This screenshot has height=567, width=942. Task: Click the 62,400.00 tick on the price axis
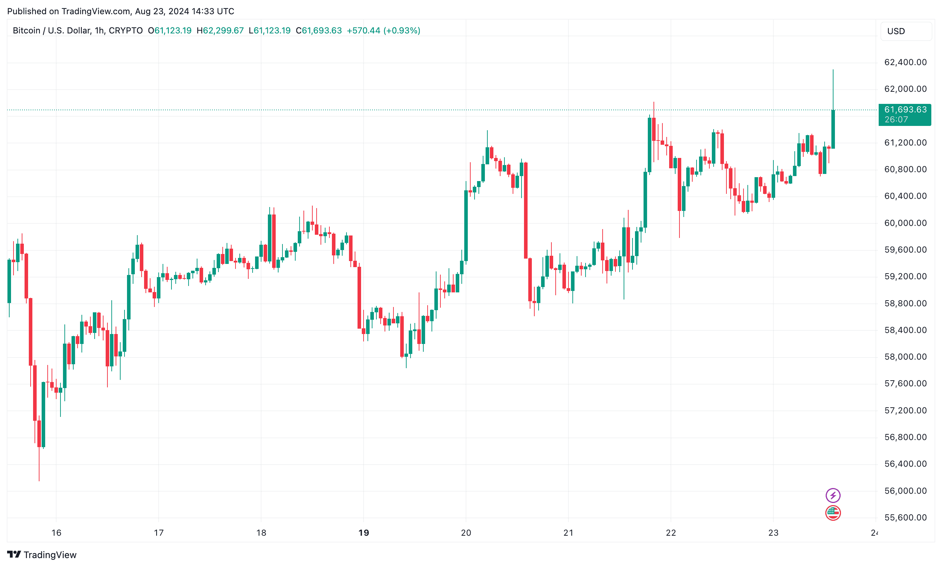(x=905, y=62)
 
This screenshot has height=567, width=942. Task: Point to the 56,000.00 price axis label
(x=905, y=491)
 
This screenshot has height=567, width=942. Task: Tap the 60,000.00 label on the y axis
(x=905, y=223)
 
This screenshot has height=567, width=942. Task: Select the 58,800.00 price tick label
(x=905, y=303)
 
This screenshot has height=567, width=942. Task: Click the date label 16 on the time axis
(x=56, y=532)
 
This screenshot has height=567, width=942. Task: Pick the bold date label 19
(x=363, y=532)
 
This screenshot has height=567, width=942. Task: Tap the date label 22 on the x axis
(x=671, y=532)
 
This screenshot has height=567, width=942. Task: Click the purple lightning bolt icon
(x=833, y=496)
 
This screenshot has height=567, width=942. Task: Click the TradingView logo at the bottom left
(x=42, y=555)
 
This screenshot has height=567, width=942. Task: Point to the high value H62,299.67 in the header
(x=220, y=31)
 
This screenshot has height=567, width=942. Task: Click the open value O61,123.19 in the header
(x=170, y=31)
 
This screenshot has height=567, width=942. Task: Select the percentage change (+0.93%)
(x=402, y=31)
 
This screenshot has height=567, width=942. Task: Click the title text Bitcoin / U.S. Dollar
(x=52, y=31)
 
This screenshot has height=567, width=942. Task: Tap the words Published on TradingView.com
(x=69, y=11)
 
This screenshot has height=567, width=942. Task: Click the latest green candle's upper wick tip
(x=833, y=70)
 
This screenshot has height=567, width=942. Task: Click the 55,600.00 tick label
(x=905, y=517)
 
